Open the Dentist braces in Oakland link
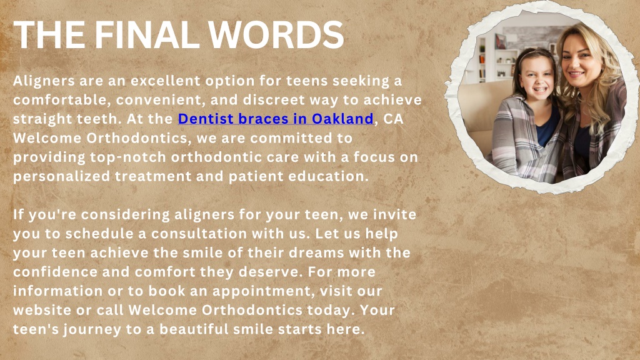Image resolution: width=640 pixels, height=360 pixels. [276, 119]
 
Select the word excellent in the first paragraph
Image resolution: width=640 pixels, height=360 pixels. [166, 81]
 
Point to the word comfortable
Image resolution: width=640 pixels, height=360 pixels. [62, 99]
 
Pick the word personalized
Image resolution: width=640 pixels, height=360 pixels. [62, 176]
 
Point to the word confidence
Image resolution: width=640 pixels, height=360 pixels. [56, 272]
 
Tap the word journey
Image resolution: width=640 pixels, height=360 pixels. [92, 329]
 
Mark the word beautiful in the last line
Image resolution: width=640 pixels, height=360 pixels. [194, 329]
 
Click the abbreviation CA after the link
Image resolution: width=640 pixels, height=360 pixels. [392, 119]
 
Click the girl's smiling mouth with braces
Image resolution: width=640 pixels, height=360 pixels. [539, 89]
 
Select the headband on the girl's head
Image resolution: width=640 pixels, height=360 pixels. [535, 52]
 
